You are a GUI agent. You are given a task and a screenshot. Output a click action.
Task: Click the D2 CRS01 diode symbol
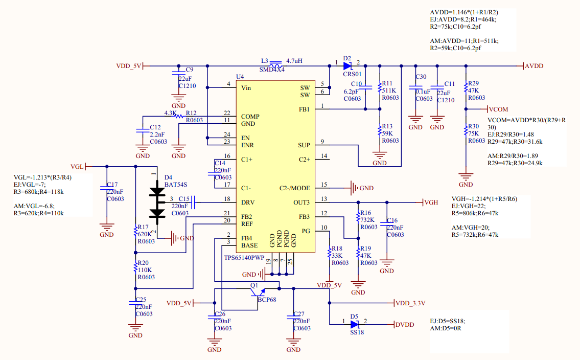point(348,66)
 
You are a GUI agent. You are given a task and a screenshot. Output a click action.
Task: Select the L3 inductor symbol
point(276,65)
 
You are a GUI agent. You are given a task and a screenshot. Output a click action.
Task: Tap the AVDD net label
point(534,66)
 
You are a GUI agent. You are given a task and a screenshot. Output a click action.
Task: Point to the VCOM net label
point(498,109)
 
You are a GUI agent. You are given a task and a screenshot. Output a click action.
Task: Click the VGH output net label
point(431,202)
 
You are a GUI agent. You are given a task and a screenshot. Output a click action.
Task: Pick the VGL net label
point(77,167)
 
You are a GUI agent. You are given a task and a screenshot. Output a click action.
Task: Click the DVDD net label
point(405,324)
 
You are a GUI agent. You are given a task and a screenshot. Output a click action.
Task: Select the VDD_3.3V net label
point(410,303)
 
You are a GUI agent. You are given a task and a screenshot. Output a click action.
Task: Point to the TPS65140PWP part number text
point(245,257)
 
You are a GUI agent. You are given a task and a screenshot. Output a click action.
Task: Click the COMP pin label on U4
point(250,117)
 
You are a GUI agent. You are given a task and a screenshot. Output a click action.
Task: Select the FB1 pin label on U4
point(304,109)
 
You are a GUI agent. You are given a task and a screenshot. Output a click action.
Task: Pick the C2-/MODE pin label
point(295,188)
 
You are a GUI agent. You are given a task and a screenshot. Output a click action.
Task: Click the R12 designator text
point(192,113)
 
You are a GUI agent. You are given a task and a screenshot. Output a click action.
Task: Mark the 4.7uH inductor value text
point(294,60)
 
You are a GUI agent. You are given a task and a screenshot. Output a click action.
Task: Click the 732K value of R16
point(368,220)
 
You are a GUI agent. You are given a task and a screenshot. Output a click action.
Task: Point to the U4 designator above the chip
point(240,77)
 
